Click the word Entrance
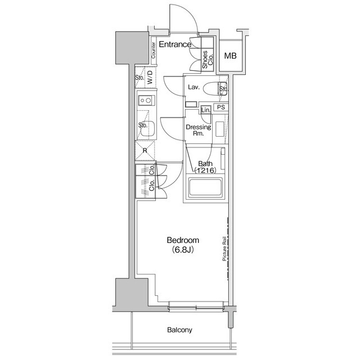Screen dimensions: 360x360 tap(174, 44)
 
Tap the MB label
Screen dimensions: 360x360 tap(231, 56)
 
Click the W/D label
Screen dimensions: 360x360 tap(151, 79)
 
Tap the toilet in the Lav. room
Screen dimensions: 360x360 tap(211, 88)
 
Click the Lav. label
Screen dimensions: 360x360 tap(194, 87)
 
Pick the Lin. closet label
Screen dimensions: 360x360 tap(205, 110)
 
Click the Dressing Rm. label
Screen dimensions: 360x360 tap(198, 130)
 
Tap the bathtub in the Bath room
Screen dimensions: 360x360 tap(205, 187)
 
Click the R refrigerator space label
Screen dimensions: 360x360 tap(145, 150)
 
